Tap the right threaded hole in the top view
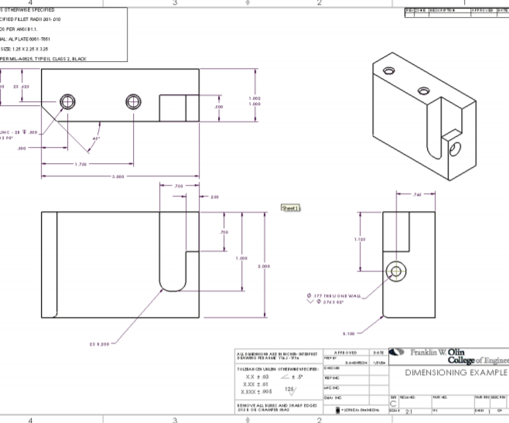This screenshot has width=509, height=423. coord(132,101)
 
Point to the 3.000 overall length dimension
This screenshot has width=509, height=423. coord(118,177)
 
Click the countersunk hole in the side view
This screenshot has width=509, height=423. coord(398,271)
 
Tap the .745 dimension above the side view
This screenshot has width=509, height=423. coord(418,194)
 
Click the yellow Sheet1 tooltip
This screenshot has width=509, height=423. coord(292,208)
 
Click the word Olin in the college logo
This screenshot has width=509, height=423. coord(456,353)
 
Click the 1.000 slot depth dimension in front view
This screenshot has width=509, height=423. coord(242,258)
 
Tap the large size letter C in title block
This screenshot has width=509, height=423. coord(393,403)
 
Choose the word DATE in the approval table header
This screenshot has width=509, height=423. coord(377,352)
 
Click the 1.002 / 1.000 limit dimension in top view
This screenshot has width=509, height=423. coord(254,101)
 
